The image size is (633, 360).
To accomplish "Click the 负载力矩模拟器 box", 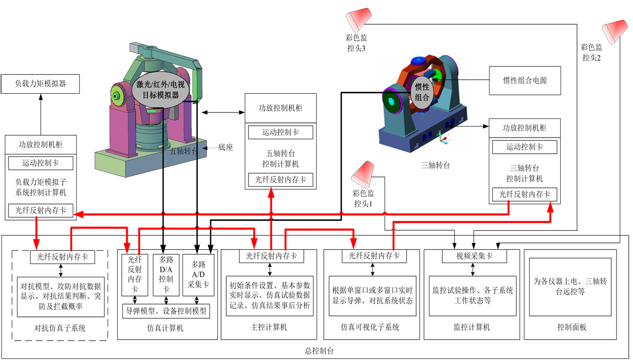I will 41,83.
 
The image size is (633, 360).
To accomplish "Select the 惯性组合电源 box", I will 524,81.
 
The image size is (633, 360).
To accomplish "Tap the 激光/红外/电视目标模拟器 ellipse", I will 161,89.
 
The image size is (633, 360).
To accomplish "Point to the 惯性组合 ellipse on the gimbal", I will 422,93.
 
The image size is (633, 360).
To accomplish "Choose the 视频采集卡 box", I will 474,257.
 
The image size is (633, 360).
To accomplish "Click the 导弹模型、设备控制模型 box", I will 166,310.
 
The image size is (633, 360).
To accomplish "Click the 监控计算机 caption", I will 472,327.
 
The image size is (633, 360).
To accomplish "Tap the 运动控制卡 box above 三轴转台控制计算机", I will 524,147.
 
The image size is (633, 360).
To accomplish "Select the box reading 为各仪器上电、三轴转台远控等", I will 570,287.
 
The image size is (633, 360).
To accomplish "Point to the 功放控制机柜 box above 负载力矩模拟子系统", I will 41,144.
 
